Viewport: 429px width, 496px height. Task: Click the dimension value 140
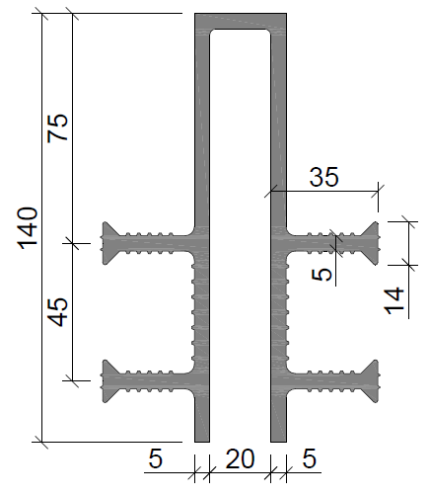coord(28,228)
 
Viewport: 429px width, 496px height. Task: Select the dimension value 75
coord(57,128)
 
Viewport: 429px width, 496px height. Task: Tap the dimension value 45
coord(57,312)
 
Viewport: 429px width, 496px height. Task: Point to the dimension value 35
coord(323,177)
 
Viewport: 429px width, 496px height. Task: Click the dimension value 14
coord(393,300)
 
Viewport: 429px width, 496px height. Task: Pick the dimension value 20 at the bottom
coord(240,458)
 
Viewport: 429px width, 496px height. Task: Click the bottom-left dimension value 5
coord(156,458)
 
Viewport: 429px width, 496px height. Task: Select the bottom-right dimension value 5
coord(310,458)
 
